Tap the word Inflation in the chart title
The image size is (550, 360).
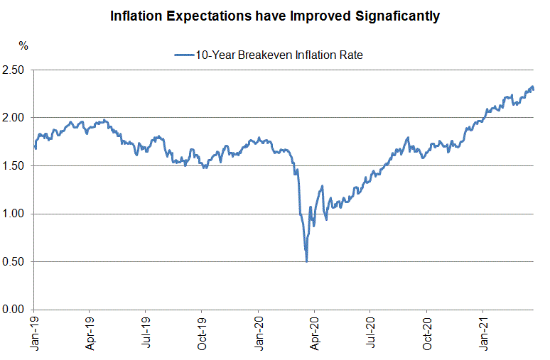point(141,16)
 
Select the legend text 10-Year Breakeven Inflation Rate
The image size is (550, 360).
point(279,55)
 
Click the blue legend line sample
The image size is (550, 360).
point(183,55)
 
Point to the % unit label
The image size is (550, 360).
point(23,46)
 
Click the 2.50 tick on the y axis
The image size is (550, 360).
point(14,70)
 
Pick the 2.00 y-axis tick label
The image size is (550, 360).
point(14,117)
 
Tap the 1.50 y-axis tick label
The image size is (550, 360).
point(14,165)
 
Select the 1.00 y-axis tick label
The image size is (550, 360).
point(14,213)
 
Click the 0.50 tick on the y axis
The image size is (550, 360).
point(14,261)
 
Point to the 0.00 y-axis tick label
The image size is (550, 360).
point(14,309)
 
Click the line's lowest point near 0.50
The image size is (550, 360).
point(306,261)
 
